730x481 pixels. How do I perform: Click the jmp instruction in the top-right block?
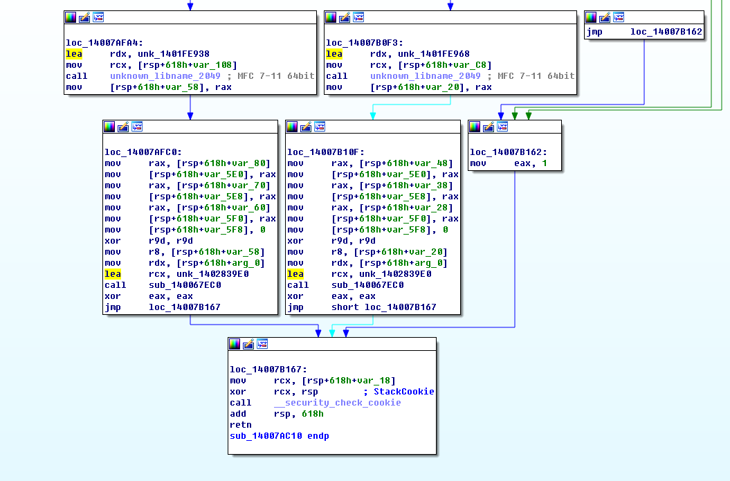pos(594,32)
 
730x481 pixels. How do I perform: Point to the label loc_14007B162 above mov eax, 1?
pos(509,152)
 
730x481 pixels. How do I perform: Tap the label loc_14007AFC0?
pos(143,152)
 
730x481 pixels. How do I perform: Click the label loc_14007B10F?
pos(326,152)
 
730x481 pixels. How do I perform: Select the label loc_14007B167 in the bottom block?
pos(268,370)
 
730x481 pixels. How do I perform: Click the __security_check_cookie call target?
pos(337,403)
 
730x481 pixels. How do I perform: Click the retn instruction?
pos(240,425)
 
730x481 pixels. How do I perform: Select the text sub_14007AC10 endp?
pos(280,436)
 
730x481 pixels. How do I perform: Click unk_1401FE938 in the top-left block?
pos(173,54)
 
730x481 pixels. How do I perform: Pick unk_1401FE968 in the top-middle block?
pos(433,54)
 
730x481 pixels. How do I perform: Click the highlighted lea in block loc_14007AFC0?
pos(113,274)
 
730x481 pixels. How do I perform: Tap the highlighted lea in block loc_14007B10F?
pos(295,274)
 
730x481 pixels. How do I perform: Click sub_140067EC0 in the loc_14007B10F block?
pos(367,285)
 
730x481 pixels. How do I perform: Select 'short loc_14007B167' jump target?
pos(383,307)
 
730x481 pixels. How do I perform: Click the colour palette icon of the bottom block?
pos(235,344)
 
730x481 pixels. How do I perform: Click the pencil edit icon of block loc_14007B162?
pos(489,127)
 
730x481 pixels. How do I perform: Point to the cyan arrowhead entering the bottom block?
pos(332,333)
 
